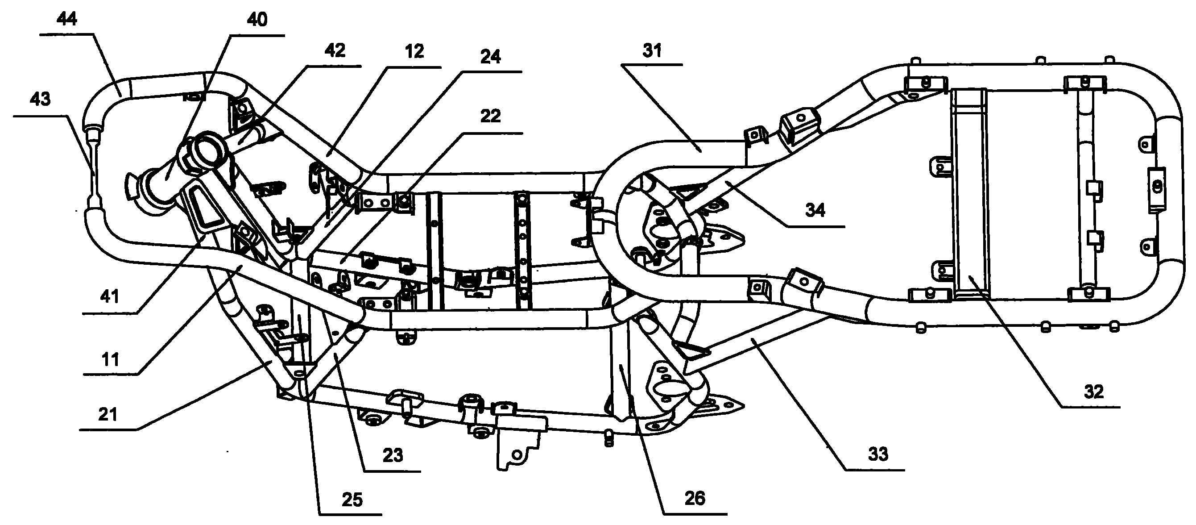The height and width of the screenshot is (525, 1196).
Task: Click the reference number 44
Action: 67,20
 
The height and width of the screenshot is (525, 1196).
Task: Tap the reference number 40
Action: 257,20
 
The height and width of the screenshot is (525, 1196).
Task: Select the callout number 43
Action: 40,100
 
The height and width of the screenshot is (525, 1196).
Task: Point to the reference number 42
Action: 335,50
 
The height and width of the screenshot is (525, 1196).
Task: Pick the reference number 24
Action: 490,57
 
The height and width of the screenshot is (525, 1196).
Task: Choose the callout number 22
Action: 490,116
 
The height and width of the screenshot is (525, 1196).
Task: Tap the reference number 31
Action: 652,50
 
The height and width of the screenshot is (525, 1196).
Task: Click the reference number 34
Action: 815,210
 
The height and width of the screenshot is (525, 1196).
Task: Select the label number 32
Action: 1093,392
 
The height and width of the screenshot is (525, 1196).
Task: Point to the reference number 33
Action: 878,454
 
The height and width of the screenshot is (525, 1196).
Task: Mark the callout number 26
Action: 695,499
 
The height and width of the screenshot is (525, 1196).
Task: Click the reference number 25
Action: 352,500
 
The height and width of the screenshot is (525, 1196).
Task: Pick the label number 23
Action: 393,456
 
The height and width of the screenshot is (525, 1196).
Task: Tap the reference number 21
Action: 108,414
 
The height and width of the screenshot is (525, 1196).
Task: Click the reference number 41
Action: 110,296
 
